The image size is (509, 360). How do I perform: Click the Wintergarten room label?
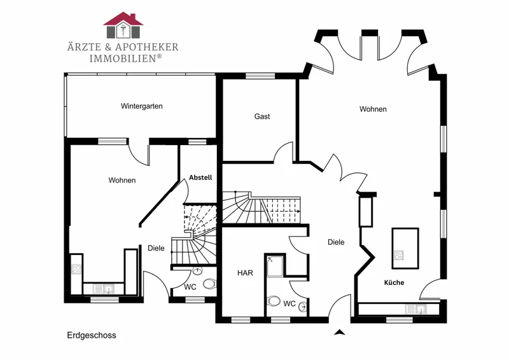(141, 106)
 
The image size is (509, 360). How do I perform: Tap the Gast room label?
(262, 116)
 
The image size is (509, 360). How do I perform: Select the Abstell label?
(200, 177)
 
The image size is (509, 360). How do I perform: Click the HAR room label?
(245, 273)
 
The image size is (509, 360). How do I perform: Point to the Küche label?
(394, 282)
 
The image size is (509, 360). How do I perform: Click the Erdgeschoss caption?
(92, 335)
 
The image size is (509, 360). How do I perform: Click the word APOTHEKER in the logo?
(147, 48)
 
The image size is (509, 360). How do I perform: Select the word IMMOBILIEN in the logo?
(123, 59)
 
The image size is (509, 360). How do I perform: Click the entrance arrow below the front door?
(340, 332)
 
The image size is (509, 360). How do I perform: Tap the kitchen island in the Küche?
(405, 248)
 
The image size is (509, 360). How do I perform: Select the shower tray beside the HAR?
(275, 267)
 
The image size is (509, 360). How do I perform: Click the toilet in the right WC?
(274, 301)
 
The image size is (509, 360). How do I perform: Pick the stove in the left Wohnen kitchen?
(76, 270)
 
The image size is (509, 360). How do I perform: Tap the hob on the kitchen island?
(399, 255)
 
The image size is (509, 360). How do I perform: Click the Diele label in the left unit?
(156, 248)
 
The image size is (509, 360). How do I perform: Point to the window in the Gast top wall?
(260, 76)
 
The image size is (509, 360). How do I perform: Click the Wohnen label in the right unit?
(373, 109)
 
